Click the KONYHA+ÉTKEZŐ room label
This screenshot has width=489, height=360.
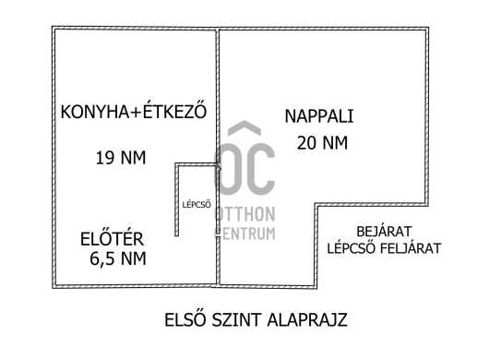134,111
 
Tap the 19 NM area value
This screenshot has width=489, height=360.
121,158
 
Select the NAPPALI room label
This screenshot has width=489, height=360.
319,116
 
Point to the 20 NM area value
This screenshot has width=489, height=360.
322,143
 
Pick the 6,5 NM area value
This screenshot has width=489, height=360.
118,258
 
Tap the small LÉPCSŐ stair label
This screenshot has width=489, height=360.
197,204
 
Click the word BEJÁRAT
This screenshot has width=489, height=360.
384,231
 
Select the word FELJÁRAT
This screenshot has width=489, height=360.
410,248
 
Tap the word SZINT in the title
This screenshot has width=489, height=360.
237,319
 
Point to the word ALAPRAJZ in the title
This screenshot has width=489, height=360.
307,319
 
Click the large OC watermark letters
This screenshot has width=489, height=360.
244,169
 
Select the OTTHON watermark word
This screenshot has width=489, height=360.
245,214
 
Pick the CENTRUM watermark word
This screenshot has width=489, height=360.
245,234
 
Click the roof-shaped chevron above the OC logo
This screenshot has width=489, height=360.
244,128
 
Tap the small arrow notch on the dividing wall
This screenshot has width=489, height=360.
220,169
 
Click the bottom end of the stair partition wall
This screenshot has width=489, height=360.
177,235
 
